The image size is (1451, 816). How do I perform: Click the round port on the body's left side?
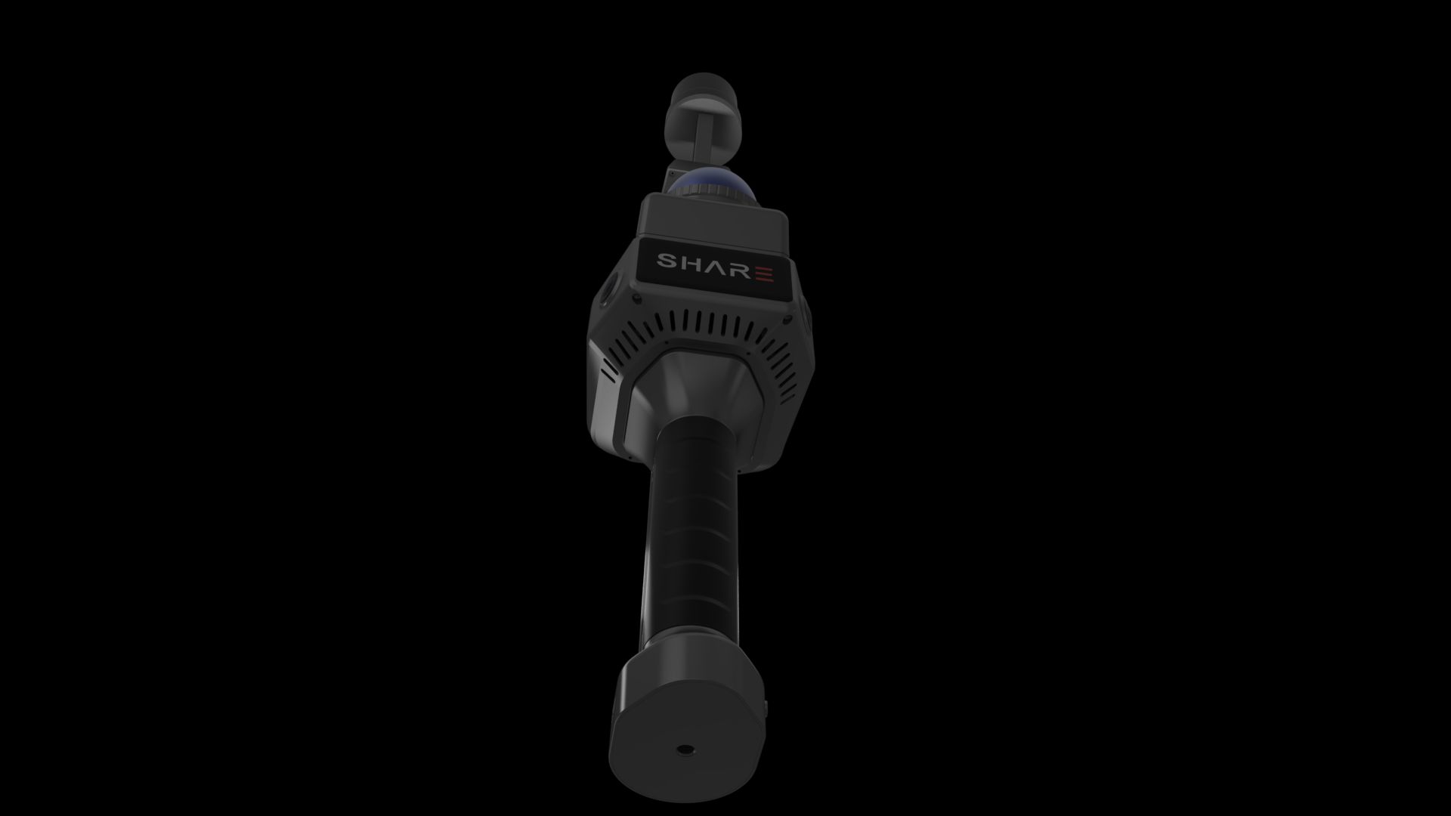609,290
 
